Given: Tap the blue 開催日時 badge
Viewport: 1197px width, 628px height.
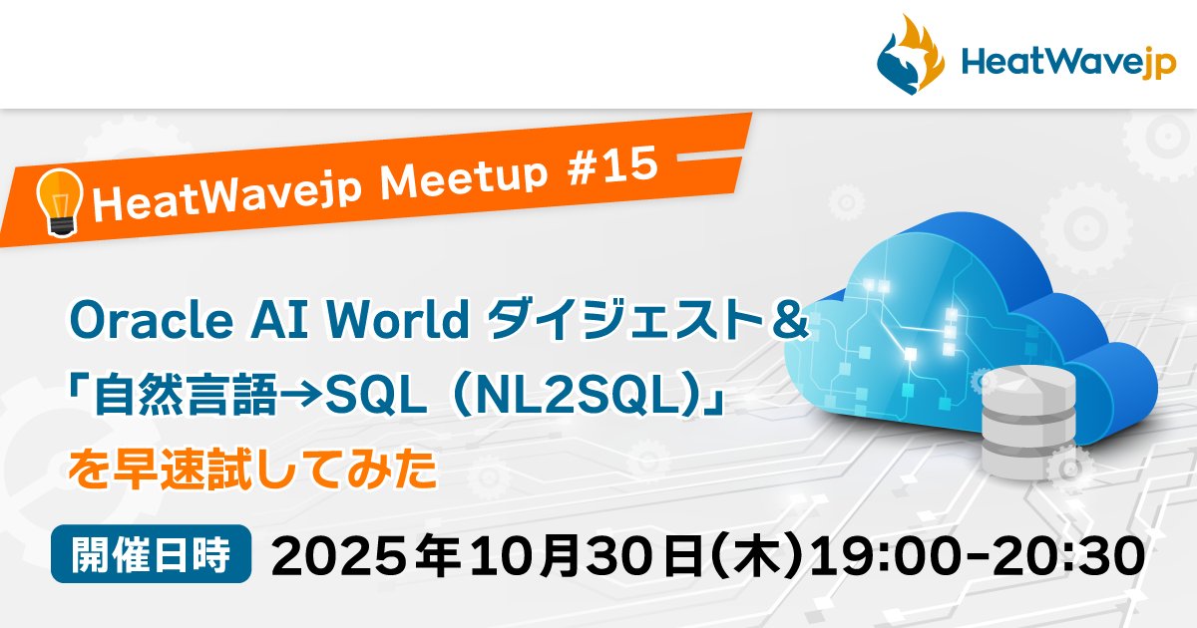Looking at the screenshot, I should [x=153, y=552].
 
